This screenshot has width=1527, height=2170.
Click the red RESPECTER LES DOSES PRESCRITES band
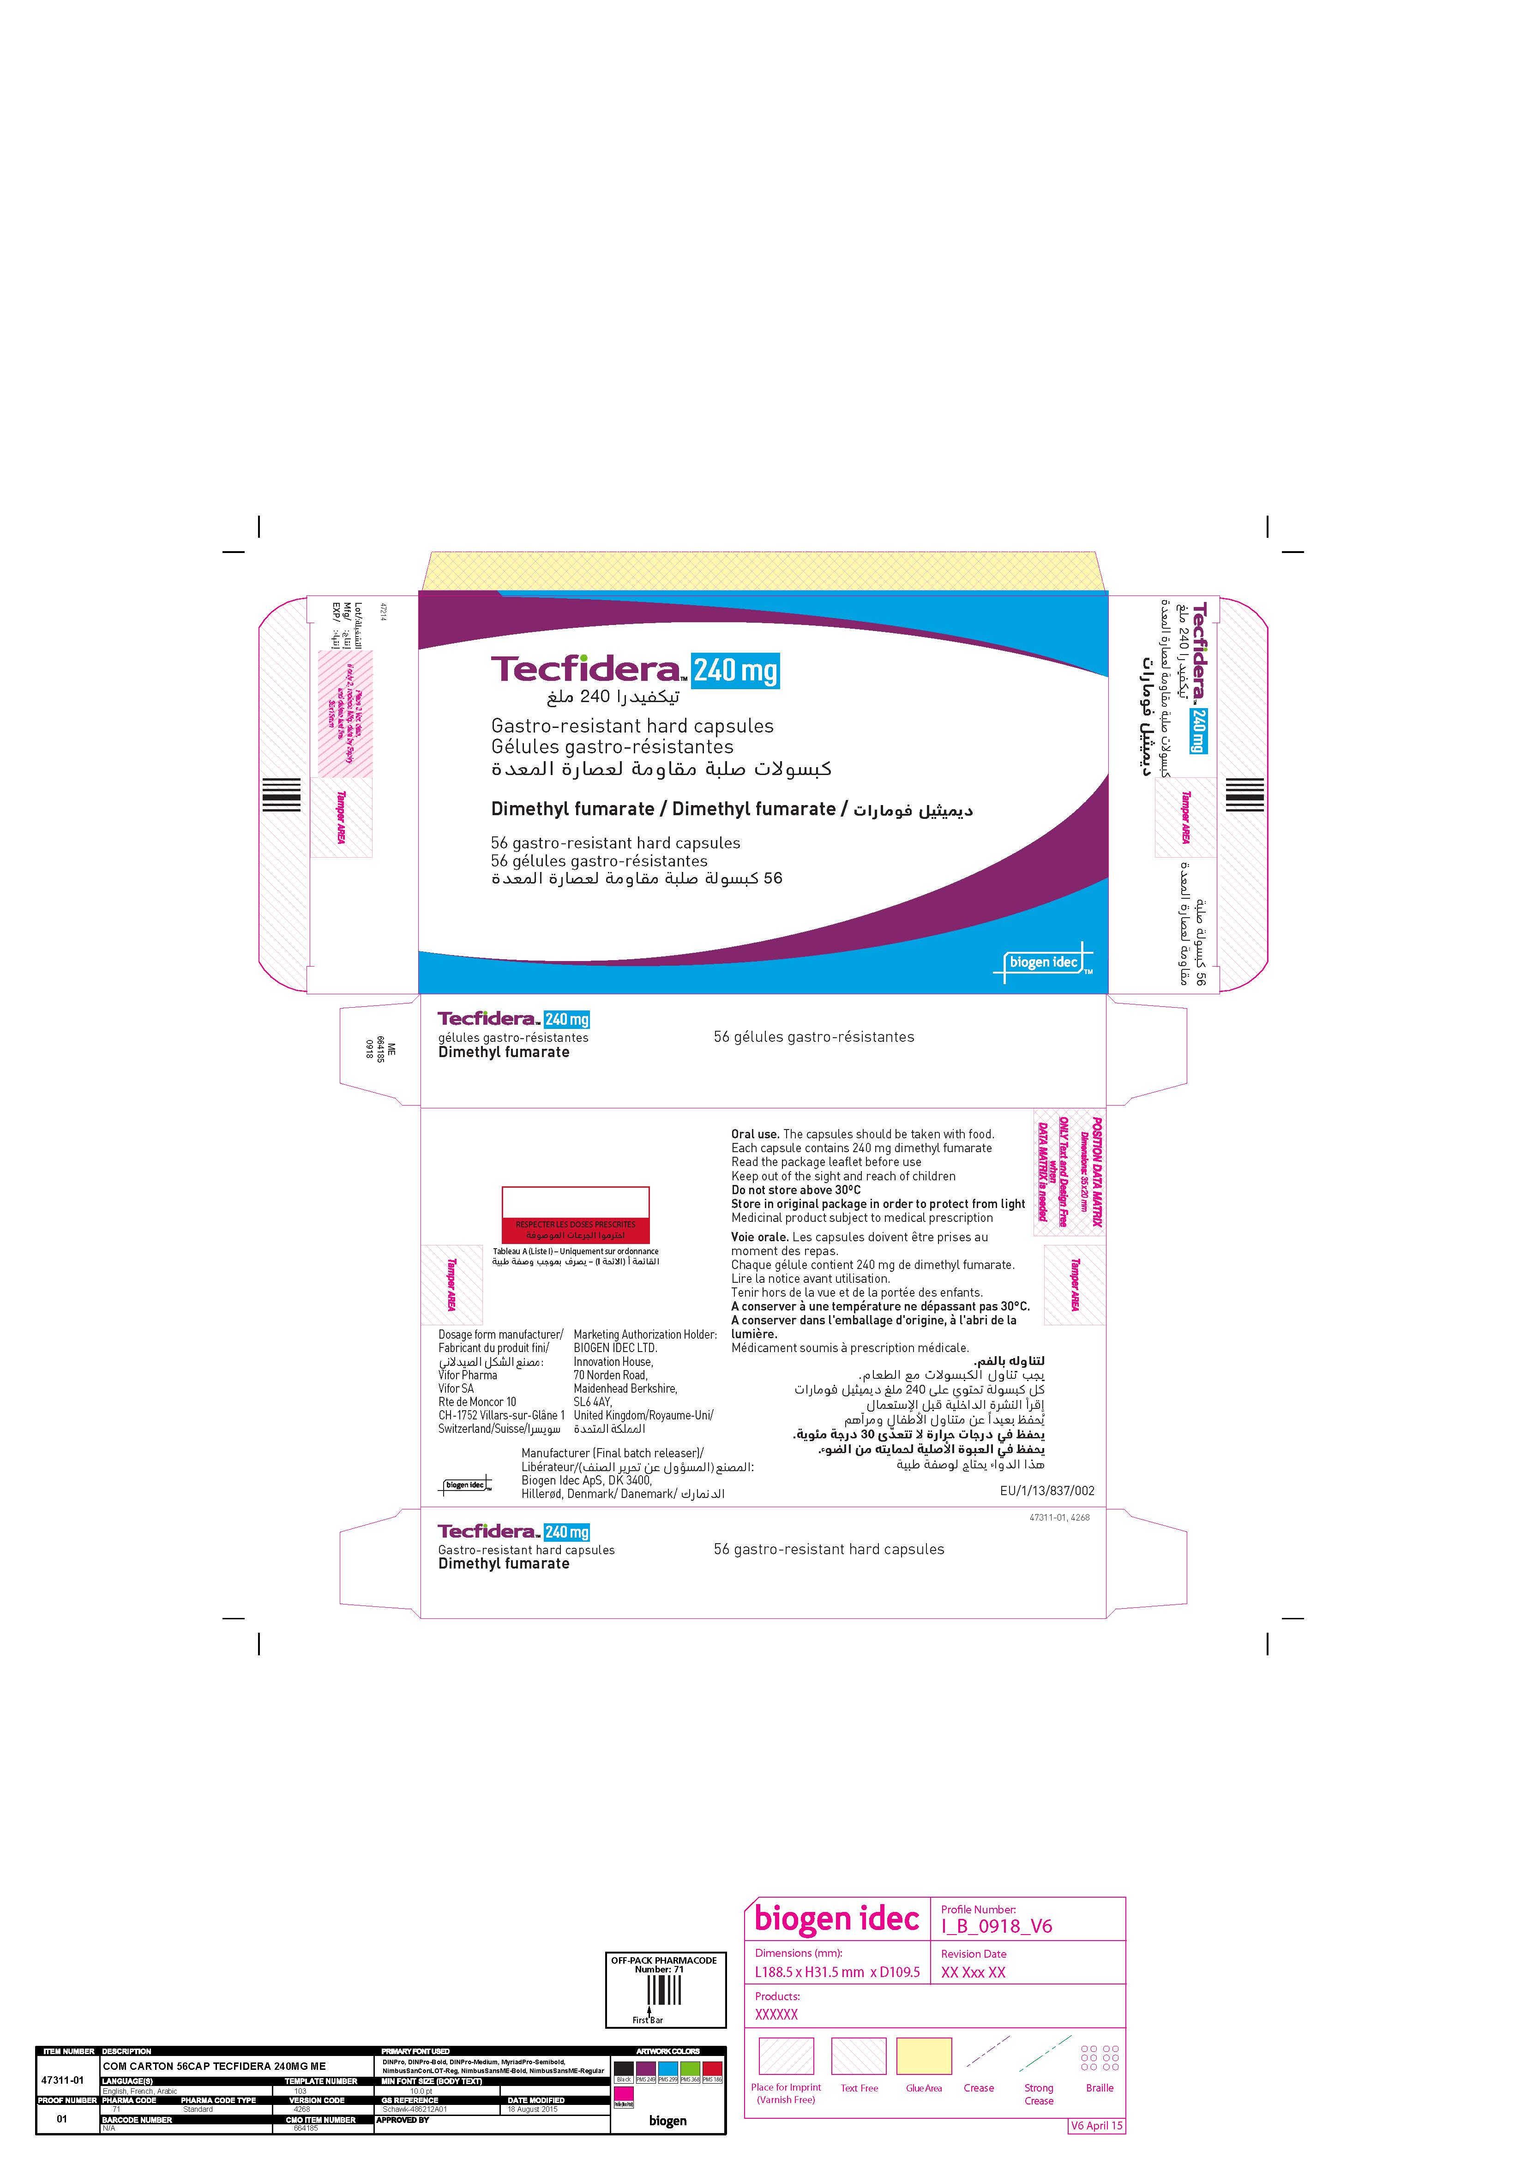[x=576, y=1230]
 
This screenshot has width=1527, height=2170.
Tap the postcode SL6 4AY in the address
[x=592, y=1402]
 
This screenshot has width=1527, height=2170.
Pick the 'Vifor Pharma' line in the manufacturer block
[x=468, y=1375]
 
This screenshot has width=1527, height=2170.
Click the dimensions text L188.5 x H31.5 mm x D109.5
[x=836, y=1972]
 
